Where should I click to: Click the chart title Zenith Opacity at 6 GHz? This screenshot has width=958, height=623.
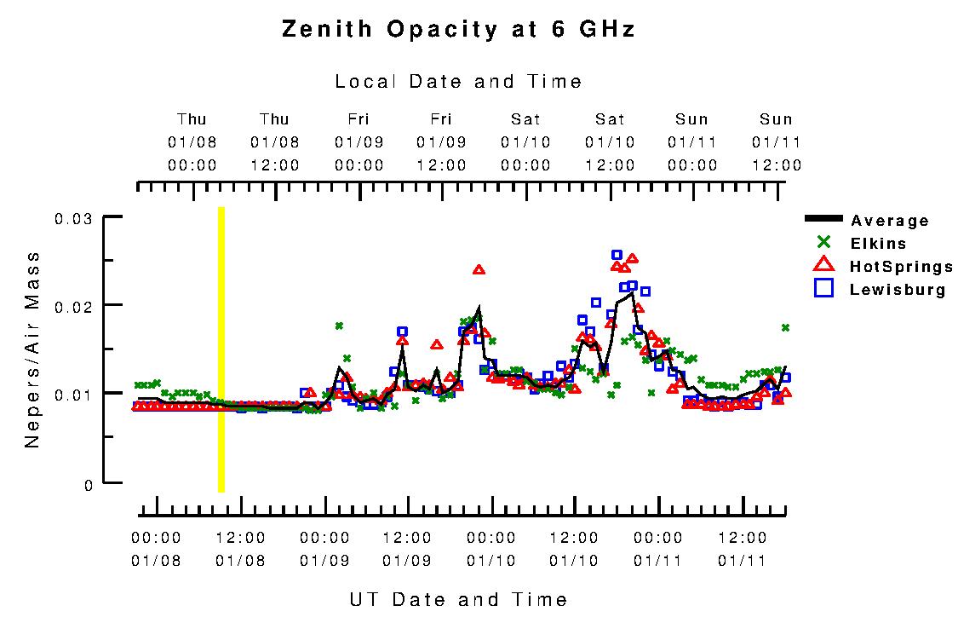coord(458,30)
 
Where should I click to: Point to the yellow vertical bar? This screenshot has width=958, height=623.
coord(221,349)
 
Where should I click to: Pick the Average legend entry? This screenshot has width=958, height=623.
coord(889,222)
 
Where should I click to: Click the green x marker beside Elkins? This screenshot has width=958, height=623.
coord(823,244)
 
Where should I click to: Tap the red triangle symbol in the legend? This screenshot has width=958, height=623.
coord(823,266)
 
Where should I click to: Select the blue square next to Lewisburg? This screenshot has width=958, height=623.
coord(823,289)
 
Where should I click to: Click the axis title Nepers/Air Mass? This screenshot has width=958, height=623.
coord(33,349)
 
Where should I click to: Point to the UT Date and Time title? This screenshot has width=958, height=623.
coord(458,599)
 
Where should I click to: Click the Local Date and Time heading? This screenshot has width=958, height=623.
coord(458,82)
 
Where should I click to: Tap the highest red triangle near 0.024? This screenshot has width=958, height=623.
coord(479,269)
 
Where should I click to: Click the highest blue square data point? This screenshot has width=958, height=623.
coord(617,255)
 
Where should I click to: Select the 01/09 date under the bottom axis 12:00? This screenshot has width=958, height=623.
coord(407,562)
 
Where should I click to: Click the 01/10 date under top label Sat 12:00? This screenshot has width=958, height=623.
coord(610,142)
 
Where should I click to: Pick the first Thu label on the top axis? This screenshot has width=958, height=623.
coord(192,119)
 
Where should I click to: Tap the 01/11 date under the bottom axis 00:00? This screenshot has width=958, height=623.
coord(658,562)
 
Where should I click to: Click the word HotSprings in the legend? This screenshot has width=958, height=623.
coord(901,267)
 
